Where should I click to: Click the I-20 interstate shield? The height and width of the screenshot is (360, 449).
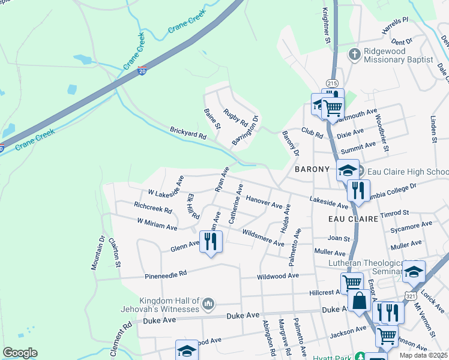(x=142, y=71)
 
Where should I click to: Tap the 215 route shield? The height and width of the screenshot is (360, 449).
(x=332, y=82)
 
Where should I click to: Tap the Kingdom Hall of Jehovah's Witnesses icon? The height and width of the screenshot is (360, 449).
(x=208, y=304)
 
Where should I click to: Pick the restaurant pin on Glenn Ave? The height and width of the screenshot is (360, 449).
(x=211, y=241)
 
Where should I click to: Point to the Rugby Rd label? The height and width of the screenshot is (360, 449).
(x=235, y=118)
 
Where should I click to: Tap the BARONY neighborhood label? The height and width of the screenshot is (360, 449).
(x=313, y=170)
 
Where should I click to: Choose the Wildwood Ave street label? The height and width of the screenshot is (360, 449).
(x=277, y=276)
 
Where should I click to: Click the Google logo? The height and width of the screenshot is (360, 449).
(x=20, y=353)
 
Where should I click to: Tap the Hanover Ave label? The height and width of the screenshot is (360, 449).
(x=264, y=202)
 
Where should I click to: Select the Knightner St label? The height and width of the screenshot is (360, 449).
(x=327, y=25)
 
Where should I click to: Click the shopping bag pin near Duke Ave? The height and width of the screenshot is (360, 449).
(x=360, y=301)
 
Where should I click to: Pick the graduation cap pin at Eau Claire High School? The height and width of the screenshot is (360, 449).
(x=348, y=170)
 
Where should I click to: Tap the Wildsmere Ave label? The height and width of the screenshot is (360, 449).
(x=263, y=238)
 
